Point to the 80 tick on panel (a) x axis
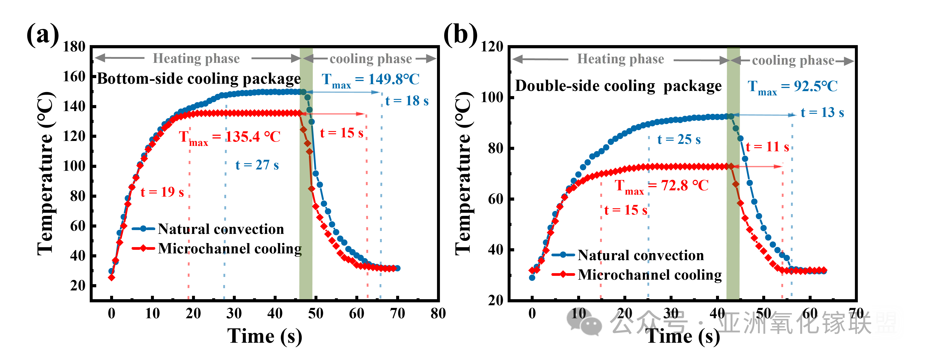pyautogui.click(x=438, y=313)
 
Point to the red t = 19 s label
pyautogui.click(x=162, y=192)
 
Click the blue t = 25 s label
pyautogui.click(x=679, y=139)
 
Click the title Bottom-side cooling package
pyautogui.click(x=199, y=79)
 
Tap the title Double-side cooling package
pyautogui.click(x=618, y=86)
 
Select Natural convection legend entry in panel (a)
pyautogui.click(x=221, y=229)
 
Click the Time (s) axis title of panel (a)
pyautogui.click(x=265, y=336)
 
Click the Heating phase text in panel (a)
pyautogui.click(x=196, y=58)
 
